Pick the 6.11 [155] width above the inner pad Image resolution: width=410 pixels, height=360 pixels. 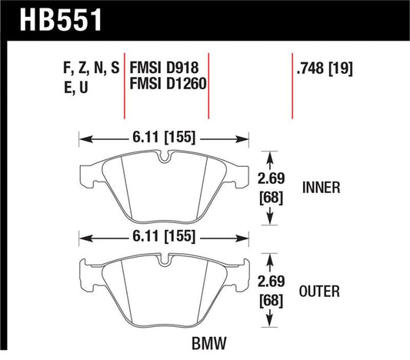coord(162,139)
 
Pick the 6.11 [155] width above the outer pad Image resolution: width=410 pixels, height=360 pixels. coord(162,236)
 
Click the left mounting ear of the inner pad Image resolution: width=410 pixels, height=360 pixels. coord(85,174)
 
